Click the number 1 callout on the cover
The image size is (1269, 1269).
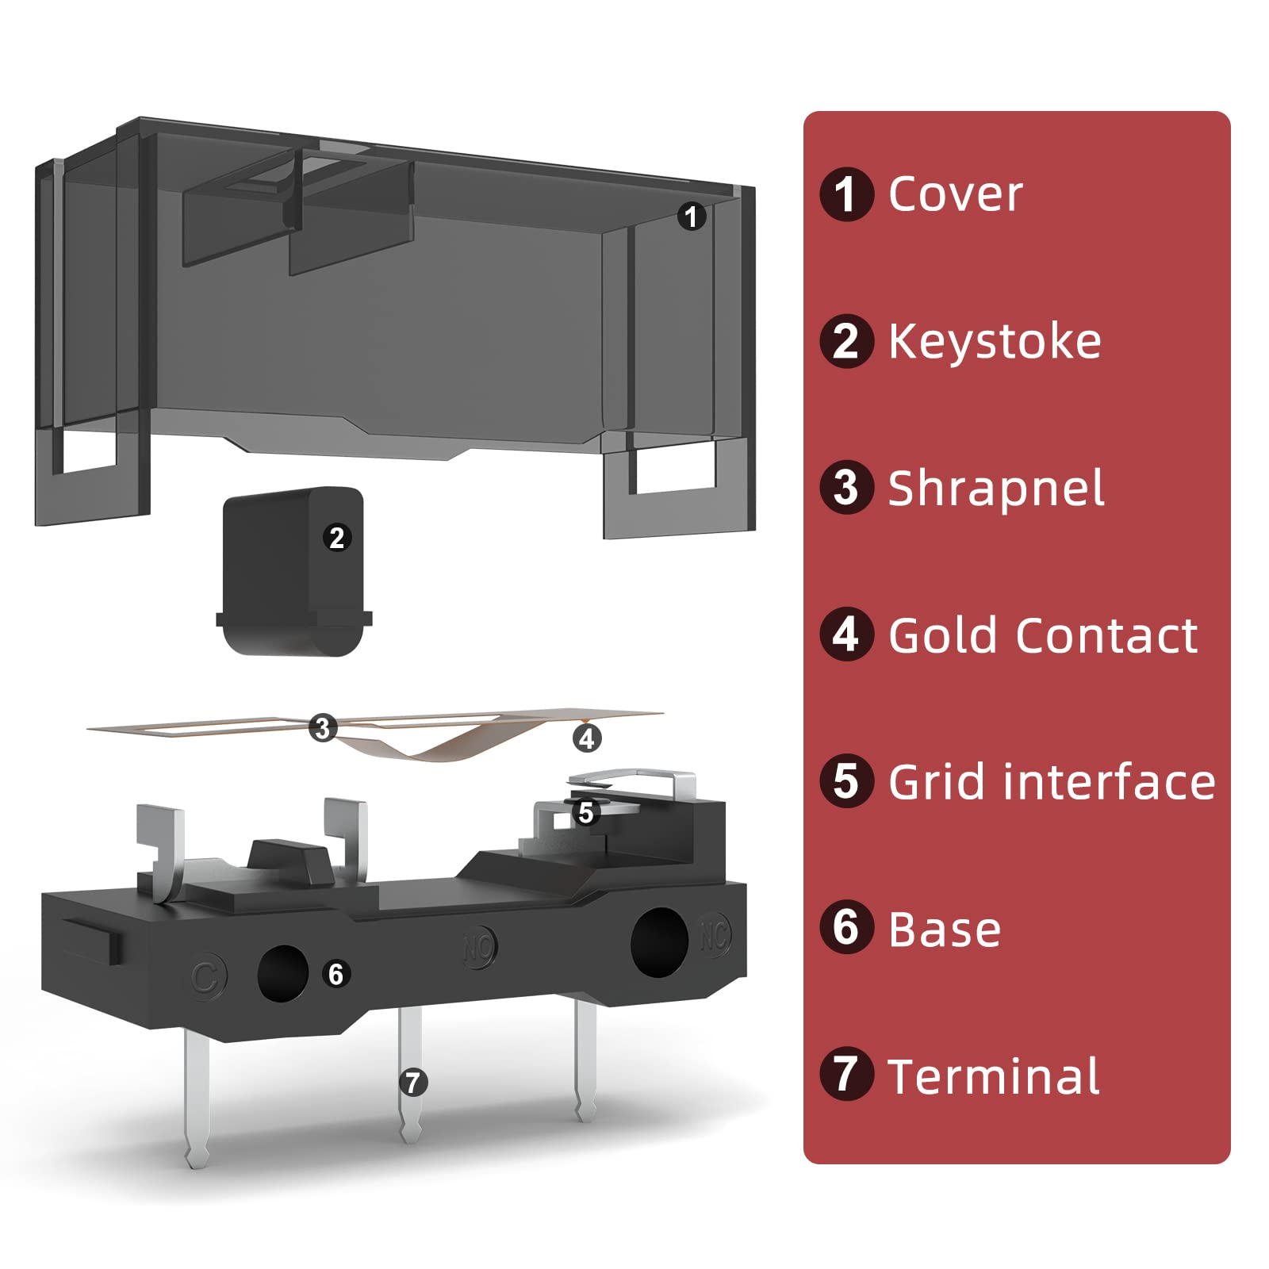[x=692, y=217]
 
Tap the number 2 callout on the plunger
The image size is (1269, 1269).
[x=337, y=538]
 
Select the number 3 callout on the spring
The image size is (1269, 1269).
[x=323, y=727]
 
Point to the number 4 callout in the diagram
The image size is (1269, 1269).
[x=587, y=738]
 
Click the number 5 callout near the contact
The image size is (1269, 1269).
[x=585, y=812]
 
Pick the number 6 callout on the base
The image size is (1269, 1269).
[x=335, y=974]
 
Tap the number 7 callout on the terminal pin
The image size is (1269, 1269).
[x=412, y=1082]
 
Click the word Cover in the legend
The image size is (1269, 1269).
[x=956, y=194]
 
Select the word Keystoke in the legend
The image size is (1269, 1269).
[x=995, y=341]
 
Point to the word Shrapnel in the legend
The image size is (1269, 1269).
[x=996, y=489]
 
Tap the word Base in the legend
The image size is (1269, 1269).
[x=945, y=930]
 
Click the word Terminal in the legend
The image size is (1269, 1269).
[x=994, y=1076]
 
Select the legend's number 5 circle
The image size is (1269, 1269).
[x=846, y=781]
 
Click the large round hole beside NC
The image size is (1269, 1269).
[x=658, y=942]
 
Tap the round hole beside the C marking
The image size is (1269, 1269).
[x=283, y=974]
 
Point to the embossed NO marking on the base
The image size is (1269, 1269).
[x=479, y=947]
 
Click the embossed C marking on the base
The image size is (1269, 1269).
[x=208, y=976]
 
